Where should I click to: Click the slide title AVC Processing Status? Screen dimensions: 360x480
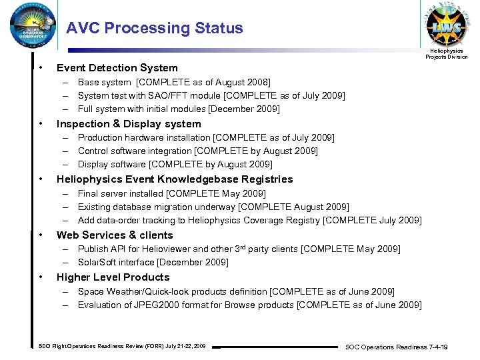(155, 29)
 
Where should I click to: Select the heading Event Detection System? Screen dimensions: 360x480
(117, 68)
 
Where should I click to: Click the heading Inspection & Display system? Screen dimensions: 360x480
(129, 124)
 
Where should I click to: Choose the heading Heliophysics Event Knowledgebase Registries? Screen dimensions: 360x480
(175, 179)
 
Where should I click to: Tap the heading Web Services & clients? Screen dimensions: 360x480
(115, 235)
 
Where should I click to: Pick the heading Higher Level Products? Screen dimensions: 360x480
(113, 277)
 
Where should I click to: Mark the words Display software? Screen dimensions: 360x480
(111, 165)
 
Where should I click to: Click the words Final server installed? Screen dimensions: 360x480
(120, 194)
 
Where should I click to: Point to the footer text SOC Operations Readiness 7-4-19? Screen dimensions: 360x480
(395, 347)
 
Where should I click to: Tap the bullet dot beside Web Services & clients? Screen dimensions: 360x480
(41, 235)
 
